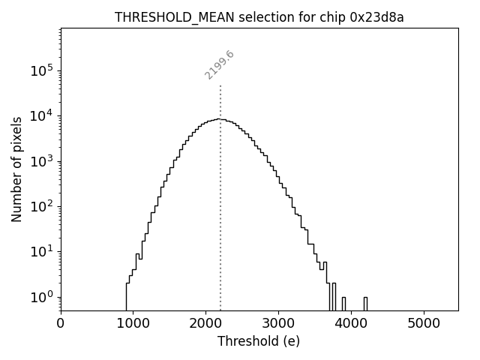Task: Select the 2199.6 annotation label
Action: pyautogui.click(x=220, y=65)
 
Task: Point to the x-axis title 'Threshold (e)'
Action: pyautogui.click(x=259, y=341)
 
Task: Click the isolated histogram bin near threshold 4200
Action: pyautogui.click(x=365, y=303)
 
